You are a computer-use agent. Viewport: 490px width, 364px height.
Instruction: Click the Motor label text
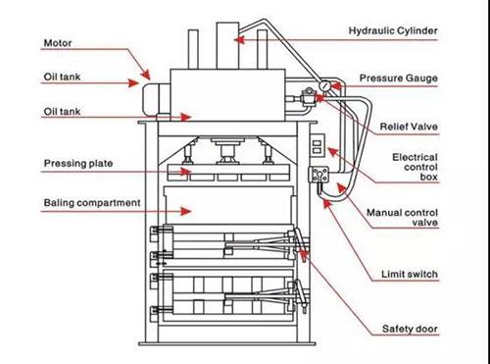[x=58, y=43]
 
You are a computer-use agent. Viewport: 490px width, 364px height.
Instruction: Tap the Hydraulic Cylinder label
[x=393, y=30]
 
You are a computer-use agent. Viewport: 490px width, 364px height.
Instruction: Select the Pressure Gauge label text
[x=399, y=78]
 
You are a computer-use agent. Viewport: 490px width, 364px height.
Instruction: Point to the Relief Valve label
[x=409, y=127]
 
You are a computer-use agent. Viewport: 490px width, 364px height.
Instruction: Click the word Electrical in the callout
[x=415, y=157]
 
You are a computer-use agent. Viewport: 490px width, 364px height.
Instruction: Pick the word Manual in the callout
[x=384, y=213]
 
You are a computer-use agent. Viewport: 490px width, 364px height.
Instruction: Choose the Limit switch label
[x=410, y=274]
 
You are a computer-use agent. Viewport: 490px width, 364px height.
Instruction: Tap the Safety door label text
[x=410, y=329]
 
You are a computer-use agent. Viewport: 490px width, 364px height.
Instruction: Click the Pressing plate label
[x=78, y=163]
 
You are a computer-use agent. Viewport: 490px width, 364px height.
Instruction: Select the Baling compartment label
[x=92, y=203]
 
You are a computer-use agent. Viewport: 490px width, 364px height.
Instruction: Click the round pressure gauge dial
[x=325, y=86]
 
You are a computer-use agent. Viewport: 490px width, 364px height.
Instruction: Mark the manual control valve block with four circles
[x=318, y=175]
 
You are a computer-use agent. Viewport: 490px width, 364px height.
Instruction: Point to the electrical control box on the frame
[x=318, y=145]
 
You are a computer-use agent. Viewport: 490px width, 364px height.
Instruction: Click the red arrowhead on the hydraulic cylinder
[x=239, y=40]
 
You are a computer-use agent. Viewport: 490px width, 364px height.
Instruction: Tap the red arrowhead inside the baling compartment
[x=186, y=211]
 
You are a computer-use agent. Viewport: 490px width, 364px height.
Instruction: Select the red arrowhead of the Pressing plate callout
[x=186, y=171]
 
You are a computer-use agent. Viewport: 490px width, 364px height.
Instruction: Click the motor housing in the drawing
[x=156, y=99]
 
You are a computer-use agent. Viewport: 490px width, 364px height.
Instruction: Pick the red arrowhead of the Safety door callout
[x=304, y=254]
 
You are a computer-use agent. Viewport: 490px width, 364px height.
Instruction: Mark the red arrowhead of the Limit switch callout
[x=327, y=204]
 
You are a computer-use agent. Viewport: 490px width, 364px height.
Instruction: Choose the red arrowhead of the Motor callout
[x=145, y=75]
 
